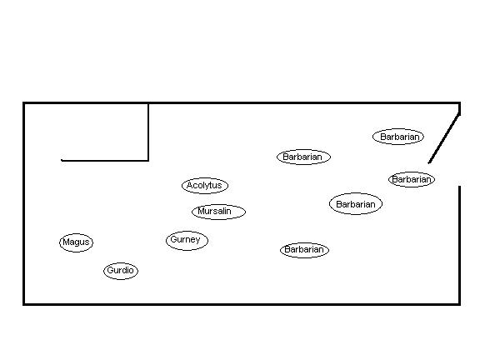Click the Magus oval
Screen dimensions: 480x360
click(x=76, y=242)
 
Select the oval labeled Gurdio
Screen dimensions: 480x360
click(x=121, y=271)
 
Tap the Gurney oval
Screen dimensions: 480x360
click(x=187, y=241)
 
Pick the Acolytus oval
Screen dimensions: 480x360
click(x=205, y=186)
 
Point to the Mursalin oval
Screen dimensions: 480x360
click(x=218, y=212)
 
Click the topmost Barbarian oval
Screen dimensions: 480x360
click(x=398, y=137)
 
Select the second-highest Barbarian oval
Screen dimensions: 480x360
click(x=303, y=157)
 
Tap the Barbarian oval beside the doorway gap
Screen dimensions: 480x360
click(x=412, y=179)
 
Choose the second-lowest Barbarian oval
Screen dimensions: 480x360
click(x=356, y=204)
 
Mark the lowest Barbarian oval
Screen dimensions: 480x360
click(x=305, y=250)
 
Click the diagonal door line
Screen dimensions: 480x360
click(x=444, y=138)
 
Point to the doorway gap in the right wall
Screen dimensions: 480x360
click(x=459, y=174)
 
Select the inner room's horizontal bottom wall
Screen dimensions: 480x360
click(x=105, y=160)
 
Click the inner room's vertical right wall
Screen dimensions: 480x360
click(x=148, y=132)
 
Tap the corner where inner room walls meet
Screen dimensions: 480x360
click(x=148, y=160)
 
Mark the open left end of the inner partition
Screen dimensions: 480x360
click(x=62, y=160)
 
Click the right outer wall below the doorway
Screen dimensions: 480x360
click(x=459, y=245)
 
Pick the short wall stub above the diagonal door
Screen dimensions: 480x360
click(x=459, y=108)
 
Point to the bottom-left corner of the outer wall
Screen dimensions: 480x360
click(x=24, y=304)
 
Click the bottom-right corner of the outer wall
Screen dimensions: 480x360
click(x=459, y=304)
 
